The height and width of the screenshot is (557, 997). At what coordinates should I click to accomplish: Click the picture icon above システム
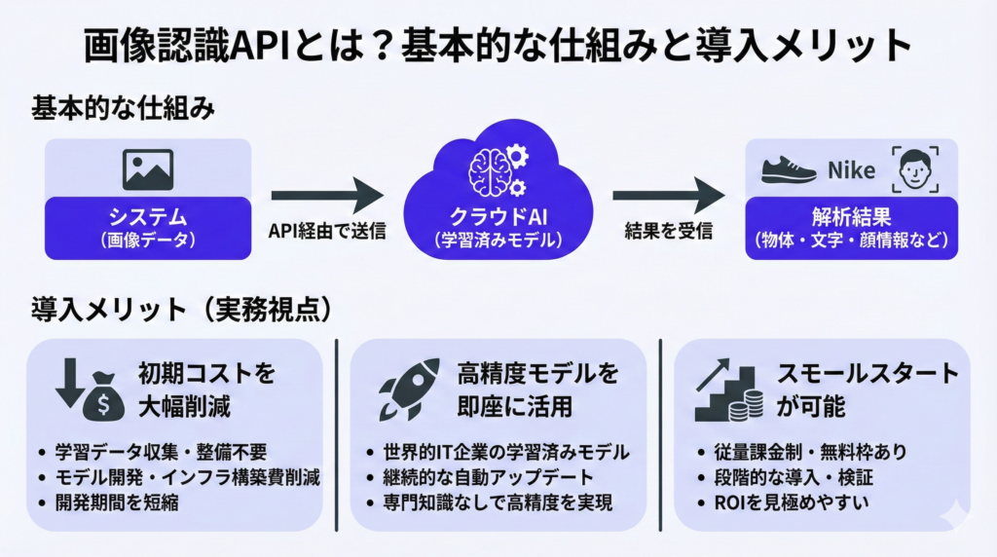pyautogui.click(x=148, y=169)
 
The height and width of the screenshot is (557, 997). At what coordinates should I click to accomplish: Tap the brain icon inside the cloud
pyautogui.click(x=491, y=171)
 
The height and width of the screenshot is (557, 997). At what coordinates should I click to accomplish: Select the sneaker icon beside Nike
pyautogui.click(x=788, y=170)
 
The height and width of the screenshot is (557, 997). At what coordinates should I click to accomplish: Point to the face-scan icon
pyautogui.click(x=916, y=169)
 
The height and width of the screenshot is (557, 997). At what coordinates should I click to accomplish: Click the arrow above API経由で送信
pyautogui.click(x=327, y=195)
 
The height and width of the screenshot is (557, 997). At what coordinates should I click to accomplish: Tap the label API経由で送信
pyautogui.click(x=327, y=232)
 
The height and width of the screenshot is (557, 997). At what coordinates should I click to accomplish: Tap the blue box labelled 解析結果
pyautogui.click(x=851, y=227)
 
